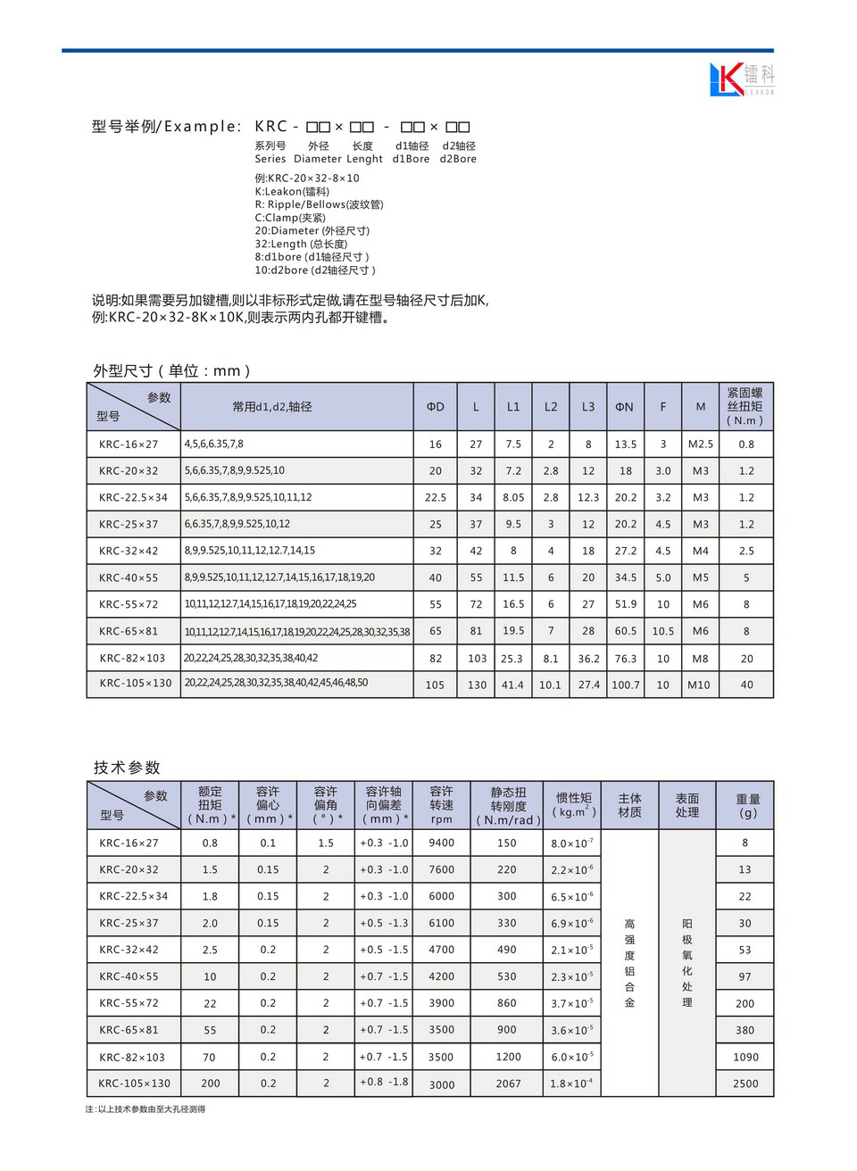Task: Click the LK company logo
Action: [741, 79]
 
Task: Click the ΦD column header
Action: [435, 407]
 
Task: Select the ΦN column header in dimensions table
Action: [625, 407]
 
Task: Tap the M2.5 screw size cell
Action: [701, 444]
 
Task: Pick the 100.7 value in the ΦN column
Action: [625, 685]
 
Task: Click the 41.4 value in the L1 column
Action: [512, 685]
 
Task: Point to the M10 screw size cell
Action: [701, 685]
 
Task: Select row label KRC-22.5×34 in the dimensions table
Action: [133, 498]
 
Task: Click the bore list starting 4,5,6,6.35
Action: [214, 444]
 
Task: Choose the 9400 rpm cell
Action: [441, 843]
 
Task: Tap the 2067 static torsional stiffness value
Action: [508, 1084]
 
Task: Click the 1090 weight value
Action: [745, 1057]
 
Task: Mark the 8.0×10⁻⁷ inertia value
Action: [572, 843]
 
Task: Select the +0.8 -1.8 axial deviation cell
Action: [384, 1083]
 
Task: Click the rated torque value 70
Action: [210, 1057]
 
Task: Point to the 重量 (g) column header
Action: [747, 806]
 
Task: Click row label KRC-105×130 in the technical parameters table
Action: [135, 1084]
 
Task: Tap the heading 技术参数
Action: [127, 768]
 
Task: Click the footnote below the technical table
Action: [146, 1109]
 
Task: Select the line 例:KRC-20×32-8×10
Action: [307, 179]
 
